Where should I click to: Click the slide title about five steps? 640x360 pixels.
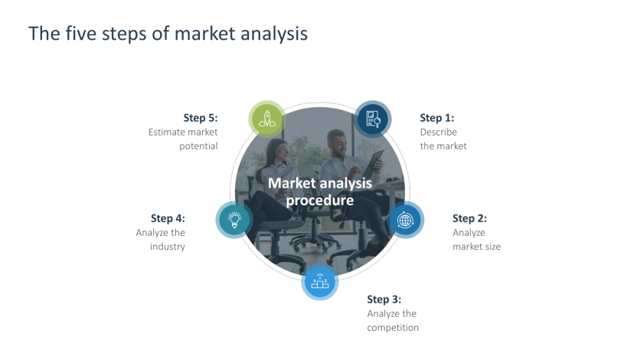(168, 34)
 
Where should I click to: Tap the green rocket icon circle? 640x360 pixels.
(266, 119)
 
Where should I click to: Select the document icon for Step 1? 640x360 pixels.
(374, 119)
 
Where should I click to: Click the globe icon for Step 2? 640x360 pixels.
(406, 221)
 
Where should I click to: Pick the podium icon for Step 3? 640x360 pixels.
(320, 281)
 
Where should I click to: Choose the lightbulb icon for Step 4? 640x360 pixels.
(234, 220)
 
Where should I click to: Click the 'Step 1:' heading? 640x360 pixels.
(436, 118)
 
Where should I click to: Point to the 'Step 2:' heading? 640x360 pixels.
(469, 218)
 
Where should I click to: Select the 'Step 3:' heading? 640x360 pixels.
(384, 299)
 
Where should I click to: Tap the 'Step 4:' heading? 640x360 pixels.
(168, 218)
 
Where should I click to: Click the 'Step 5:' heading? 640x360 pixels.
(201, 118)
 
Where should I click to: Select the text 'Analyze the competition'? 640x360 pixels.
(393, 320)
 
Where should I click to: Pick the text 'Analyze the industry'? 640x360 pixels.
(162, 240)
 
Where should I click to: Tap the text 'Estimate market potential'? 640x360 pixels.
(184, 139)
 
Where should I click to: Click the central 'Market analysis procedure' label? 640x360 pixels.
(320, 191)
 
